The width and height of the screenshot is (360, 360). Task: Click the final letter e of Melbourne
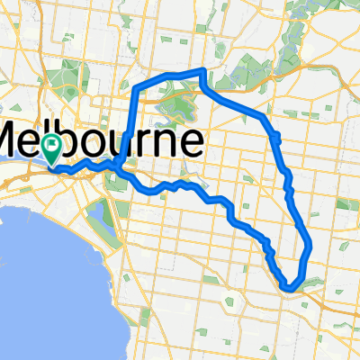point(192,143)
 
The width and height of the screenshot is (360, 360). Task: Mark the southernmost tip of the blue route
point(289,287)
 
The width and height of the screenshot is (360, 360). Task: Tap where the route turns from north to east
point(138,90)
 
